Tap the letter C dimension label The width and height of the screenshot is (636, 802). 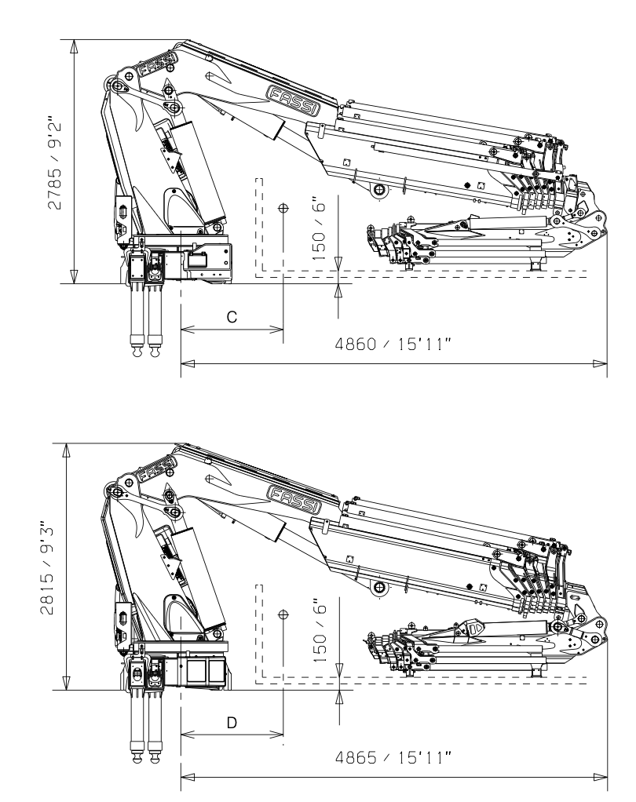pyautogui.click(x=232, y=315)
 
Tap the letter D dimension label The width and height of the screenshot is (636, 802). pyautogui.click(x=232, y=722)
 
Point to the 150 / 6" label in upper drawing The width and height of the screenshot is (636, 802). pyautogui.click(x=320, y=228)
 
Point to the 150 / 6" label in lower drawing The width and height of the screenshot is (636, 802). pyautogui.click(x=320, y=635)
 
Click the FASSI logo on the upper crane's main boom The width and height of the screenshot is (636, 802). pyautogui.click(x=294, y=100)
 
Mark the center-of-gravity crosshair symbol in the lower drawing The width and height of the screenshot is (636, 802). pyautogui.click(x=283, y=616)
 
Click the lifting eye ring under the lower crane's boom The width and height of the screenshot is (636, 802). pyautogui.click(x=379, y=589)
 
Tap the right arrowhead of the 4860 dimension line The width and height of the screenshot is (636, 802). pyautogui.click(x=600, y=363)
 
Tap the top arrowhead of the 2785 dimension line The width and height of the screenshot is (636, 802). pyautogui.click(x=74, y=46)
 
